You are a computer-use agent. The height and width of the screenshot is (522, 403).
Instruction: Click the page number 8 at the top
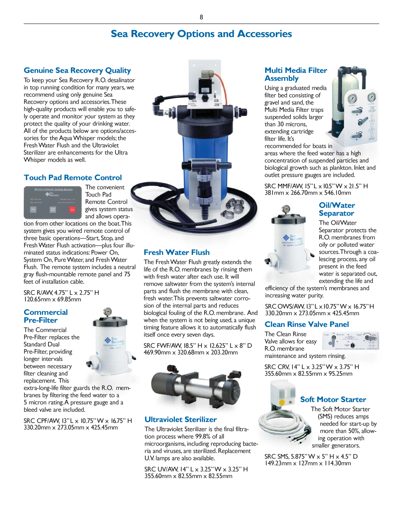[201, 17]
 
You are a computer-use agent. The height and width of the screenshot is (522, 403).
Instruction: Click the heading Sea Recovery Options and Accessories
[201, 34]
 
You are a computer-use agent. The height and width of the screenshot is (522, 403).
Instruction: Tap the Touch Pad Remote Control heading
[73, 178]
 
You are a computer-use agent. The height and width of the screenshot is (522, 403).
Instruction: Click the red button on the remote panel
[72, 210]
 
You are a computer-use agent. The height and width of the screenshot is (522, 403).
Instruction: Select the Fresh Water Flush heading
[176, 253]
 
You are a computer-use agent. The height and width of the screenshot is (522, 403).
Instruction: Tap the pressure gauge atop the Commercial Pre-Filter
[107, 311]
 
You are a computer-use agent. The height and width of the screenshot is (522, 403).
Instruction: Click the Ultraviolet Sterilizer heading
[181, 420]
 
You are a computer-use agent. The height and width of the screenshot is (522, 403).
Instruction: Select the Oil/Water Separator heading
[337, 209]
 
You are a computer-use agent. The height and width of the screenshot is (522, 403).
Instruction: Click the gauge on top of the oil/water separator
[286, 208]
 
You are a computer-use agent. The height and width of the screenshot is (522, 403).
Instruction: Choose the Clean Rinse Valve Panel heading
[306, 324]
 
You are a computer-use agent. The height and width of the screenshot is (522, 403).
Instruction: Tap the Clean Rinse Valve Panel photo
[351, 340]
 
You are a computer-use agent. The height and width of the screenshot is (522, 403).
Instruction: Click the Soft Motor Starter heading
[333, 400]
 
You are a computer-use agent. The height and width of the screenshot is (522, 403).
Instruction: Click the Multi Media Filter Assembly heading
[296, 74]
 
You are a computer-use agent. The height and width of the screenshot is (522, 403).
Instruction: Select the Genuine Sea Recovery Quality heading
[77, 71]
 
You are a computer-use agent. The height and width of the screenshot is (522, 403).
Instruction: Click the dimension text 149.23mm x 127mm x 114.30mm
[307, 463]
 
